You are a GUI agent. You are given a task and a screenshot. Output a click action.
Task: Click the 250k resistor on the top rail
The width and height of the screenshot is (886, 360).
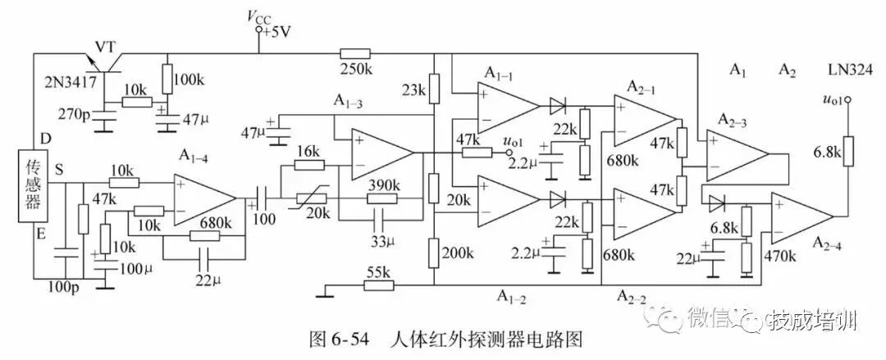[355, 53]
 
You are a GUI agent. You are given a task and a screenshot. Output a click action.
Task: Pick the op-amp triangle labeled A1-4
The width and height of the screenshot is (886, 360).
[205, 198]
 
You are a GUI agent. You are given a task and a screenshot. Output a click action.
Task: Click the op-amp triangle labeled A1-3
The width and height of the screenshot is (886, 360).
[382, 153]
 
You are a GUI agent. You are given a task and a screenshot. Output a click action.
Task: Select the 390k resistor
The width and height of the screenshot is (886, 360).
[382, 198]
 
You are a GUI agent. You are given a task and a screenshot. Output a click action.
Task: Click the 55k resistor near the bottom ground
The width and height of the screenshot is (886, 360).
[378, 285]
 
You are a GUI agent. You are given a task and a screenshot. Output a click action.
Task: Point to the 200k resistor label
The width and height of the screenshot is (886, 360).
[458, 253]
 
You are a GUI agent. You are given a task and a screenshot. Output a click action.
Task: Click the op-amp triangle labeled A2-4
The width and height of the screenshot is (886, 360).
[802, 216]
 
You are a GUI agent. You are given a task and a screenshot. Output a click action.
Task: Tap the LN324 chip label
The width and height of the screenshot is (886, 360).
[845, 70]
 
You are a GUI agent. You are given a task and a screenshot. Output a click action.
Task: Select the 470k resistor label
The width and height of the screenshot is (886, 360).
[780, 257]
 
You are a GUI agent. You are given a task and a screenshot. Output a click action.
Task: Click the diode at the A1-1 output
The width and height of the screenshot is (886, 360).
[557, 104]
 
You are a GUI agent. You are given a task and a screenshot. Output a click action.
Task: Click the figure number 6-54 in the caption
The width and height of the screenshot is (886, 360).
[350, 340]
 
